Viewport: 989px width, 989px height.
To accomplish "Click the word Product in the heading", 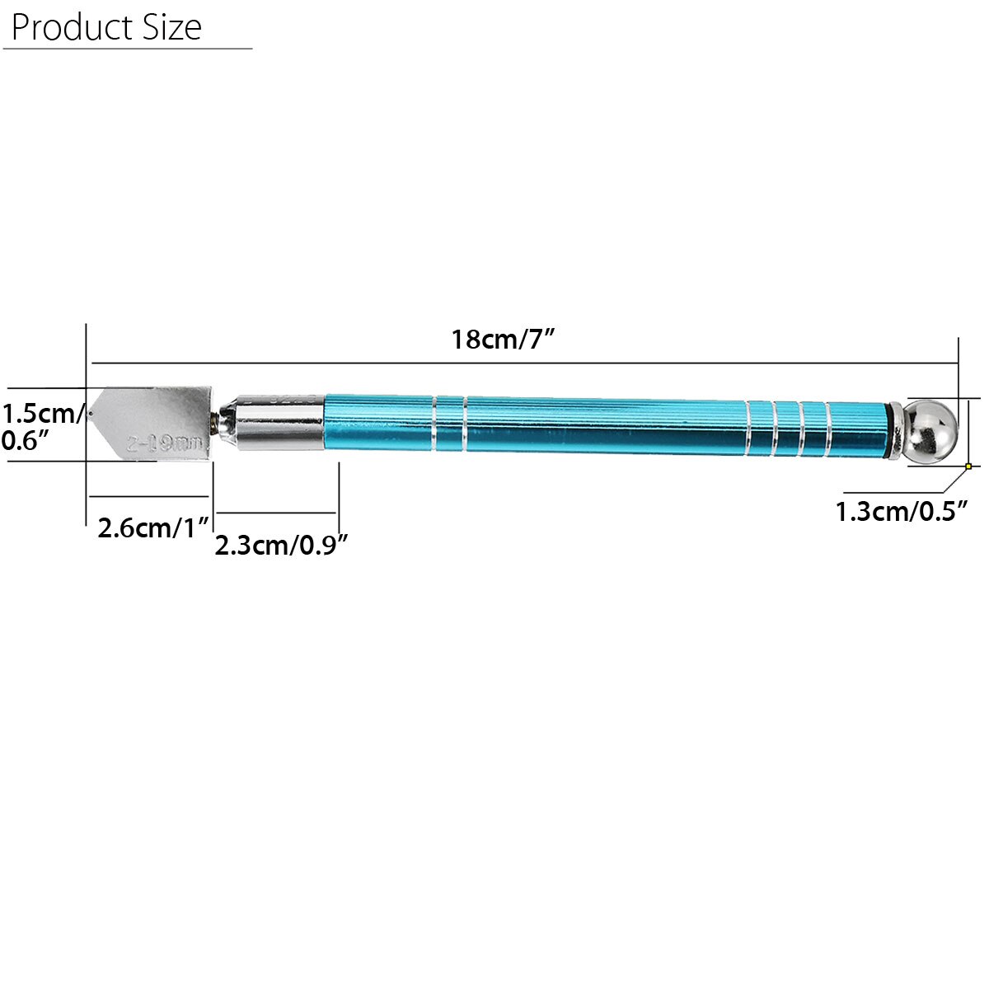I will tap(62, 27).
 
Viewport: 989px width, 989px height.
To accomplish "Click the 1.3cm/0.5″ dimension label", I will tap(901, 512).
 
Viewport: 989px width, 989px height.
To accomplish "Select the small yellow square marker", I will tap(968, 466).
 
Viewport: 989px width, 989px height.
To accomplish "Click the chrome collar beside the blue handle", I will tap(280, 422).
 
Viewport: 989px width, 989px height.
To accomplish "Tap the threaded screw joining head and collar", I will tap(219, 423).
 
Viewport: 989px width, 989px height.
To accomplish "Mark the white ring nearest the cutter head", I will tap(434, 424).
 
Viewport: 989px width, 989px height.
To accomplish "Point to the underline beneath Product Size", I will tap(128, 49).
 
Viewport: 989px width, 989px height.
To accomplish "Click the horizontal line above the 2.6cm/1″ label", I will tap(149, 496).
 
